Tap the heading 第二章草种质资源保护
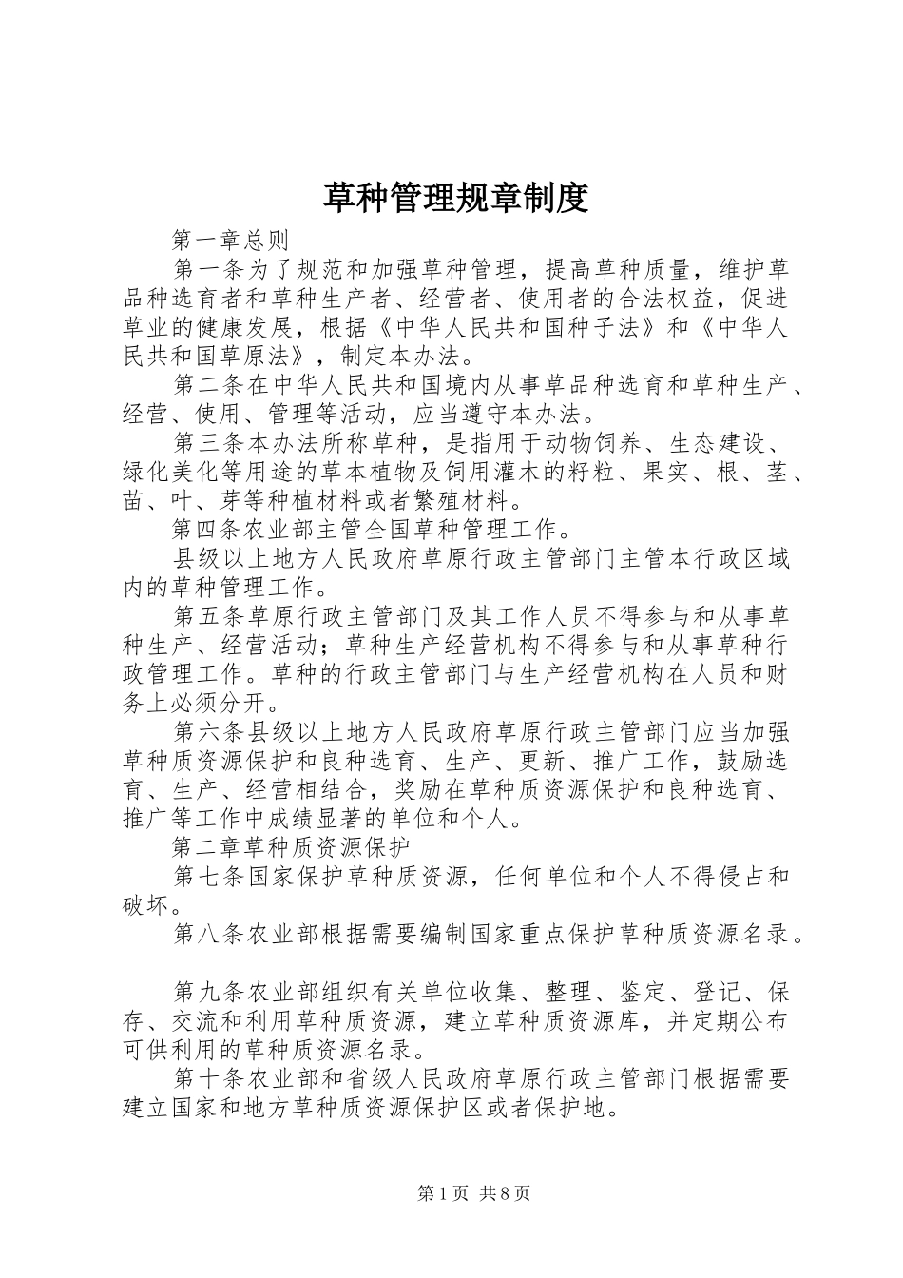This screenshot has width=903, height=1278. (291, 845)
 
